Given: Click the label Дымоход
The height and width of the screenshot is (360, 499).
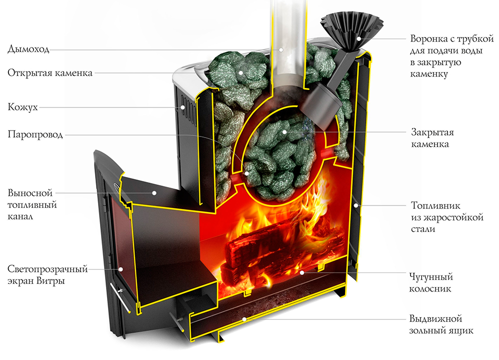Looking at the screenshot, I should tap(28, 49).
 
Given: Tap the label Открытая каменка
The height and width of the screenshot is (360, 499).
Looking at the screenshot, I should tap(50, 73).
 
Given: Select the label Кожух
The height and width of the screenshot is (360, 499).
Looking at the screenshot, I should tap(22, 107).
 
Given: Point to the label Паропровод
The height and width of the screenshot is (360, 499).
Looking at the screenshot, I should tap(35, 134).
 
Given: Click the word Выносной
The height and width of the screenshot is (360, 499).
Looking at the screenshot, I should tap(30, 193).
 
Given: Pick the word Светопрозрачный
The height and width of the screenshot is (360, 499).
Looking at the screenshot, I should tap(48, 269).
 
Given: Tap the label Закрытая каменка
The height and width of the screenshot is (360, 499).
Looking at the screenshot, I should tap(432, 138).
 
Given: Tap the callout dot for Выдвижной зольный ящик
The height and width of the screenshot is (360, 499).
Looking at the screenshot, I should tap(243, 318).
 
